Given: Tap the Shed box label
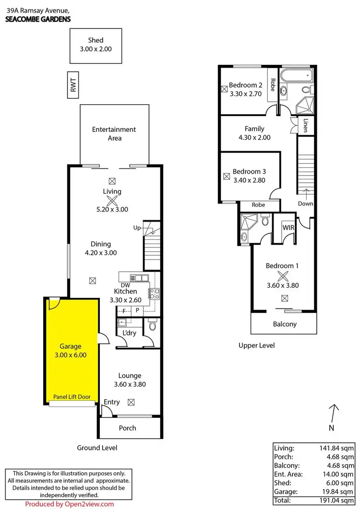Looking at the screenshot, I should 95,40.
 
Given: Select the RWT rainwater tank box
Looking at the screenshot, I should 73,85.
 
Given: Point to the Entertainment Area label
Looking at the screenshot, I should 114,134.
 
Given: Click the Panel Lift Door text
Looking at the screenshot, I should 72,397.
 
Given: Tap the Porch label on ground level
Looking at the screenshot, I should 127,428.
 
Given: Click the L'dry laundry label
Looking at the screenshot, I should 128,333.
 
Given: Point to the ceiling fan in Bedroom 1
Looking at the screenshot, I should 283,276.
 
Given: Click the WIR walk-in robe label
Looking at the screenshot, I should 288,227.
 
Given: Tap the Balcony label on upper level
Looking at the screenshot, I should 285,324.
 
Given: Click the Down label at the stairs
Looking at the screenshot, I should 305,203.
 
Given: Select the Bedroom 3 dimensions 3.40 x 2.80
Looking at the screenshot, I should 249,180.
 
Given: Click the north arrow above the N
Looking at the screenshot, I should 335,413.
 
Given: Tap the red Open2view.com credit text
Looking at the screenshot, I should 70,504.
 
